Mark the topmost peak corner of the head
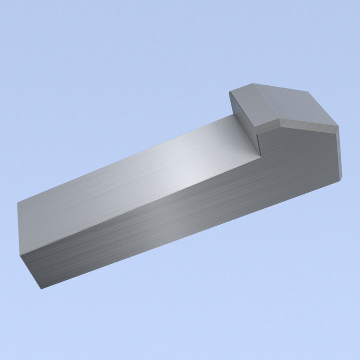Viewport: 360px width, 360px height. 253,84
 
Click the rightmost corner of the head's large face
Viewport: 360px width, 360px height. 338,125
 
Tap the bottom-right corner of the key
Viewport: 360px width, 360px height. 340,179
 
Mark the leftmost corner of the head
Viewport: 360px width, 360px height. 229,93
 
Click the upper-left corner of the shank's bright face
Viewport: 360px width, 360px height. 17,202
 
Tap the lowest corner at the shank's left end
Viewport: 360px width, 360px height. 41,288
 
